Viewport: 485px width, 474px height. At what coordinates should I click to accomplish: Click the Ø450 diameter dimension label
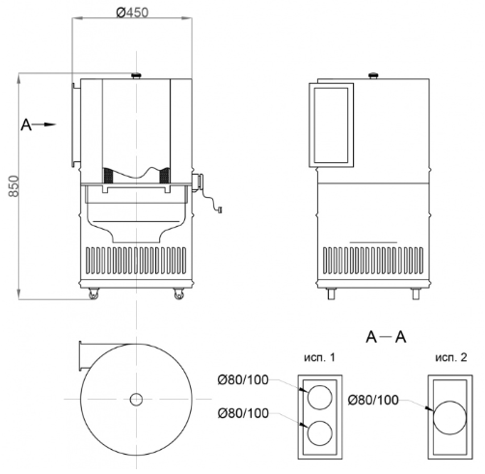[x=132, y=13]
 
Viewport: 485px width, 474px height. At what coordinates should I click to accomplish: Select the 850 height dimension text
[x=13, y=186]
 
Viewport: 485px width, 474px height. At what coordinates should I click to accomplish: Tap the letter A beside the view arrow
[x=26, y=125]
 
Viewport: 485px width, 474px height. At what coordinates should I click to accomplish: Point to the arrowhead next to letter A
[x=50, y=125]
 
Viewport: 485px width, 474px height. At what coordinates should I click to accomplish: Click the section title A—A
[x=386, y=337]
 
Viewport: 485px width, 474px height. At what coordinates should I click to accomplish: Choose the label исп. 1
[x=319, y=357]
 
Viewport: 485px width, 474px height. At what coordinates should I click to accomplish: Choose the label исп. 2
[x=451, y=357]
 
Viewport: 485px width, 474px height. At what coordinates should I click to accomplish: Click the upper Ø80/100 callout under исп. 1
[x=243, y=380]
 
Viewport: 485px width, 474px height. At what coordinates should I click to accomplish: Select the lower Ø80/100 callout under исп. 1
[x=243, y=413]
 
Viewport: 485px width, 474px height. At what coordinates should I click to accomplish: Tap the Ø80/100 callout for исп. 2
[x=373, y=400]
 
